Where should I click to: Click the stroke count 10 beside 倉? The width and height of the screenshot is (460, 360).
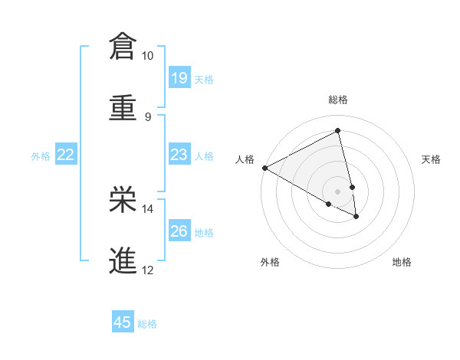click(x=147, y=56)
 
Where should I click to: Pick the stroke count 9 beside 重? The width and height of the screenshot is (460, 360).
click(x=147, y=117)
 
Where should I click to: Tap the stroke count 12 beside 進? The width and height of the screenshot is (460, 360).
click(x=147, y=270)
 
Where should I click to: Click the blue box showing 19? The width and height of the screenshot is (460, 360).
click(x=179, y=77)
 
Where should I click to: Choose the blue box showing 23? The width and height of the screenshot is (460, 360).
click(x=179, y=155)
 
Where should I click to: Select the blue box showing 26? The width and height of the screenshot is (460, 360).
click(x=179, y=231)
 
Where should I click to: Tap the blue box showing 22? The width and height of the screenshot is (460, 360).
click(x=66, y=155)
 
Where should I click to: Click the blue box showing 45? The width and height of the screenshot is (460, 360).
click(x=123, y=322)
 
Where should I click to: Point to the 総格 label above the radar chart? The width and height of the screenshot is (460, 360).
click(x=338, y=100)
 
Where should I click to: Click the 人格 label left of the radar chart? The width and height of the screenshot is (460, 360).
click(x=245, y=159)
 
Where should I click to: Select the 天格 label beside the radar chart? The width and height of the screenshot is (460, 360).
click(x=432, y=159)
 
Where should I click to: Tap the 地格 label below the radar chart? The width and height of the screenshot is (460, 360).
click(x=402, y=263)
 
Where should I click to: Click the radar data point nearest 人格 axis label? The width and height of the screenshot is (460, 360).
click(x=264, y=168)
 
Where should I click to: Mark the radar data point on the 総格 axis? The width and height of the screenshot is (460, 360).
click(x=338, y=131)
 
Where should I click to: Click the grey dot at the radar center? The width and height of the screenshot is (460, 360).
click(x=338, y=191)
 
